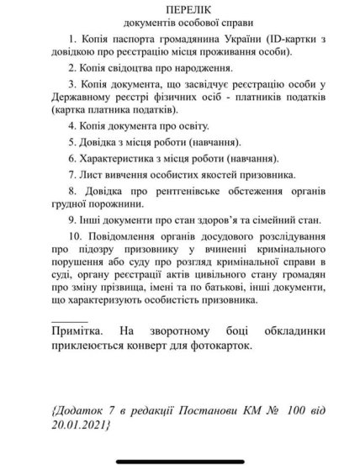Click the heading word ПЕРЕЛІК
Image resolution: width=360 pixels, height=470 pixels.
(x=179, y=11)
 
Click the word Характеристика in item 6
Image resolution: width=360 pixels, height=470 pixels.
(x=124, y=160)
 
